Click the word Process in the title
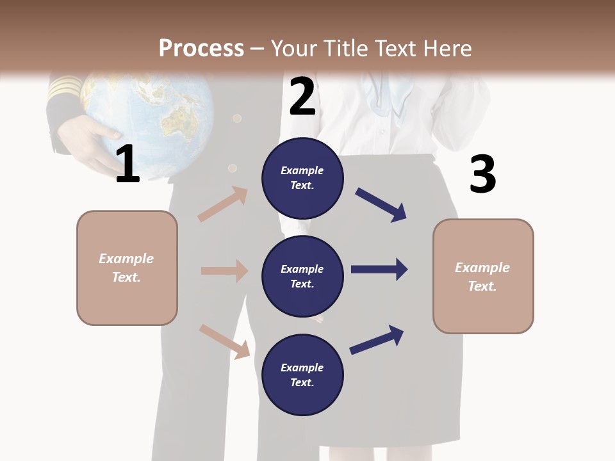[x=201, y=49]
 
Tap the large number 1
[x=127, y=165]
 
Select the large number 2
[x=302, y=97]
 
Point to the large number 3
[x=482, y=174]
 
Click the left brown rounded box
[x=127, y=268]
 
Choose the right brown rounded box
[x=483, y=276]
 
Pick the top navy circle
[x=302, y=178]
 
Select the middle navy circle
[x=302, y=276]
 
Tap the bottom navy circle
[x=302, y=375]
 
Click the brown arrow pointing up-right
[x=223, y=204]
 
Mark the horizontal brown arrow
[x=224, y=271]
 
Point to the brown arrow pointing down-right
[x=224, y=341]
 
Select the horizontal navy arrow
[x=379, y=270]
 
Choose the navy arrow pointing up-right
[x=377, y=339]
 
